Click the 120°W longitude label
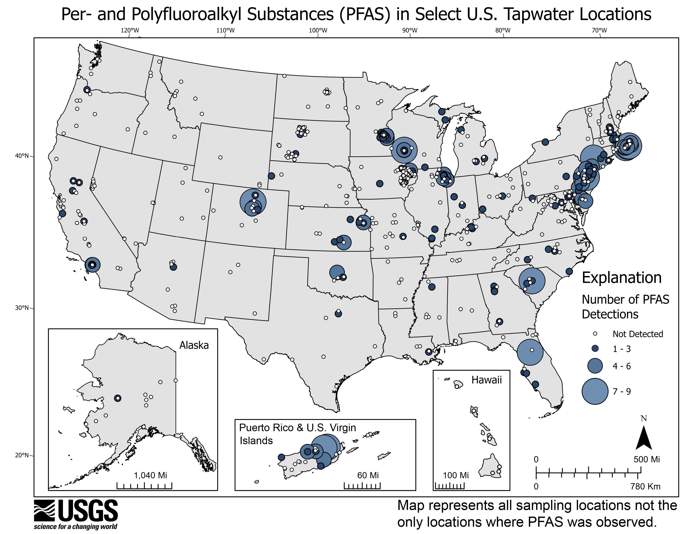tap(130, 31)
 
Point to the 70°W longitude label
tap(599, 31)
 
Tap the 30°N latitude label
tap(22, 308)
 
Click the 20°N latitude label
tap(22, 455)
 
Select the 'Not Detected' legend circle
tap(595, 334)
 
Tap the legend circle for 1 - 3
tap(595, 349)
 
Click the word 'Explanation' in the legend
tap(622, 278)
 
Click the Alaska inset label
tap(194, 345)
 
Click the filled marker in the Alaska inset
tap(118, 398)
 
